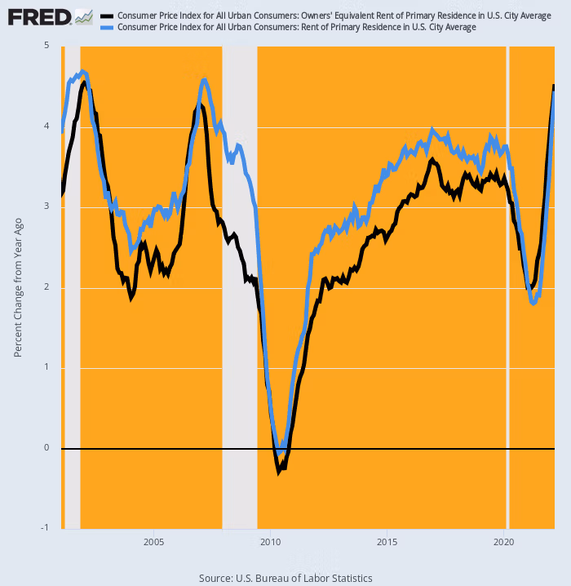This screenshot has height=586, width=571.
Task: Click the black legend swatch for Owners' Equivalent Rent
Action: point(107,16)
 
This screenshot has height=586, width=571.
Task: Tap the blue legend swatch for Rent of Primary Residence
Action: point(107,28)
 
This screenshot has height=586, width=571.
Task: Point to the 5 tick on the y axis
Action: point(46,47)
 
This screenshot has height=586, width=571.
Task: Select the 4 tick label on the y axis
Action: point(46,127)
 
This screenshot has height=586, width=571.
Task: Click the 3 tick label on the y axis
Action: point(46,207)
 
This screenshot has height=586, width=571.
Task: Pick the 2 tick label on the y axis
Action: point(46,287)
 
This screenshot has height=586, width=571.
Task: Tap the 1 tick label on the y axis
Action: point(46,368)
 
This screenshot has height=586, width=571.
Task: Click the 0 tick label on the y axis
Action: point(46,448)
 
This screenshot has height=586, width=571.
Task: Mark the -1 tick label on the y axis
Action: point(44,528)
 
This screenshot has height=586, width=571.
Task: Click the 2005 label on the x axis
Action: point(153,542)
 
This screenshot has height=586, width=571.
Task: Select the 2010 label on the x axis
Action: point(270,542)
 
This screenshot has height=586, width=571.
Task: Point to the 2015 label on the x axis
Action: point(387,542)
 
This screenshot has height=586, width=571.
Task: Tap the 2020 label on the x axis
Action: point(504,542)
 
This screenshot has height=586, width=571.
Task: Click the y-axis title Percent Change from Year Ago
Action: point(18,287)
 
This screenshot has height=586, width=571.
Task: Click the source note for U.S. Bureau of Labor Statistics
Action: point(285,578)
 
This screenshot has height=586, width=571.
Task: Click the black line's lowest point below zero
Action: point(279,471)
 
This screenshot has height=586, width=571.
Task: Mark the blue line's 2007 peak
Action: point(204,80)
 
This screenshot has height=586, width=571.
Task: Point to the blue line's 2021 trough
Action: point(533,303)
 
